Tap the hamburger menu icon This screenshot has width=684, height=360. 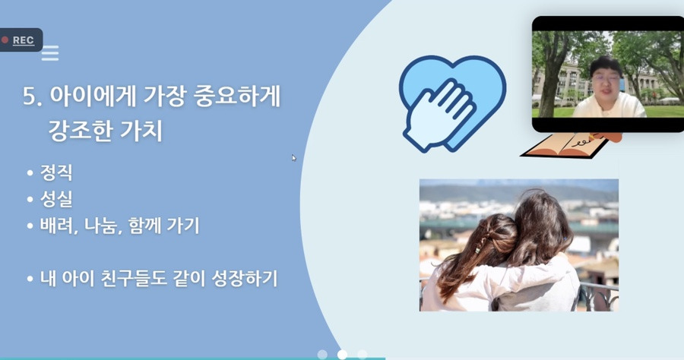pos(50,53)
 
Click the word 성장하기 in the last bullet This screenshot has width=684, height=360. pos(247,279)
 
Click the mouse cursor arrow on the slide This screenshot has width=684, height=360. pos(293,158)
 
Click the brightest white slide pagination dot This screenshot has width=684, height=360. pos(342,354)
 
